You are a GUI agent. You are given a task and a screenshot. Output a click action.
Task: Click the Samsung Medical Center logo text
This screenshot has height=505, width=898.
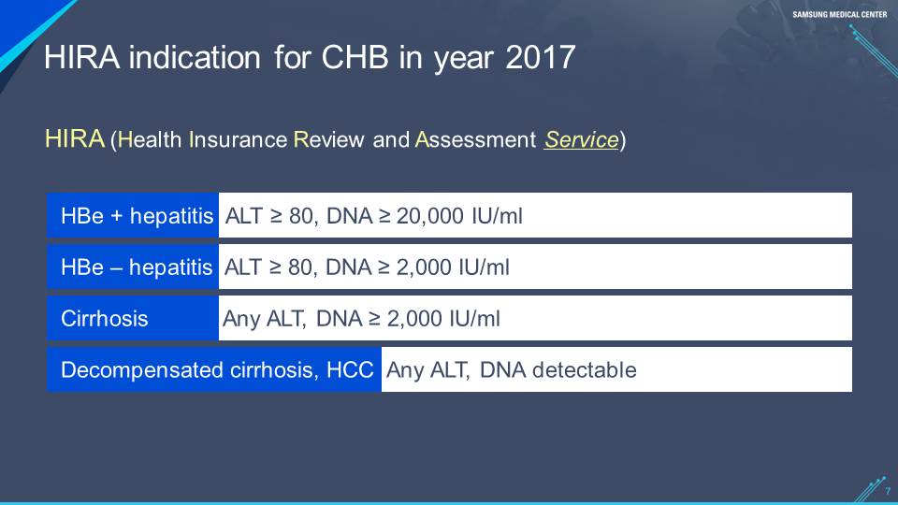click(840, 14)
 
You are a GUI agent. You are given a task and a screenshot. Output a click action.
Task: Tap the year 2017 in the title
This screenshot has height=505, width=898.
click(540, 57)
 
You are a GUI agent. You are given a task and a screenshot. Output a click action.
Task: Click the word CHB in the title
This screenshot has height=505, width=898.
click(355, 57)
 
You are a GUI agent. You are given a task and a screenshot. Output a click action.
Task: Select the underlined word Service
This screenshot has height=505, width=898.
click(581, 139)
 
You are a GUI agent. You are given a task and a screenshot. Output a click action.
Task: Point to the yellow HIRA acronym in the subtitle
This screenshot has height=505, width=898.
click(75, 138)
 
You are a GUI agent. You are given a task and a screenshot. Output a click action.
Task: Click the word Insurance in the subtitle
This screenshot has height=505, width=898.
click(238, 139)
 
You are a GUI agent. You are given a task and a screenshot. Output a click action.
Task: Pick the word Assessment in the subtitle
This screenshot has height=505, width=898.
click(475, 139)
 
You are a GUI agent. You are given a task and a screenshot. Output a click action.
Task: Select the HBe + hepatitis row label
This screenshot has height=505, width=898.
click(137, 216)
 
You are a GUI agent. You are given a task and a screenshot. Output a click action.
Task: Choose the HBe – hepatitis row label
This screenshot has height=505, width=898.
click(137, 267)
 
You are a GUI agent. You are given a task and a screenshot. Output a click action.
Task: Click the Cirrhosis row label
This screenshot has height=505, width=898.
click(104, 318)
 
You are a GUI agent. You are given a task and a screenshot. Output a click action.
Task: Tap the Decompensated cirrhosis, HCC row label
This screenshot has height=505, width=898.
click(217, 370)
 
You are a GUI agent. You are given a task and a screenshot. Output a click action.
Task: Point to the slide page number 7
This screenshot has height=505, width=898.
click(888, 491)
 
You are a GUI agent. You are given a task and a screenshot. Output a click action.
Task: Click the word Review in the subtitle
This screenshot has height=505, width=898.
click(328, 139)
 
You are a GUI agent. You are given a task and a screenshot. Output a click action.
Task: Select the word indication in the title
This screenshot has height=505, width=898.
click(195, 57)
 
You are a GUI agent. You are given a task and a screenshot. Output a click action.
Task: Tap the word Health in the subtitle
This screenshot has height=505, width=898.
click(150, 139)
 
